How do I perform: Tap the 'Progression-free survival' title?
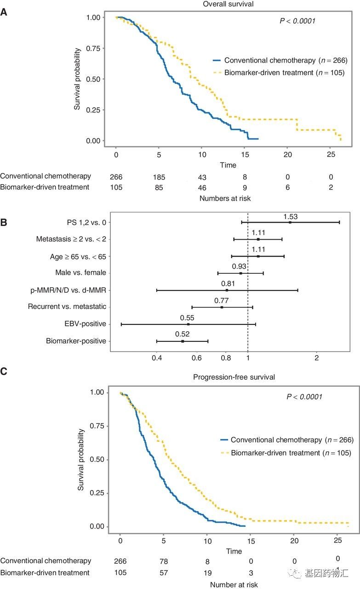[x=234, y=377]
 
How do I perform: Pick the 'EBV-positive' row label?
[x=86, y=324]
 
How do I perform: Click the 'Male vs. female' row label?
[x=80, y=272]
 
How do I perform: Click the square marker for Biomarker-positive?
[x=183, y=341]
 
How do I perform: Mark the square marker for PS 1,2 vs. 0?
[x=290, y=222]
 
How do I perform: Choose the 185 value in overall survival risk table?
[x=159, y=177]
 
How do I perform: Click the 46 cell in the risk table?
[x=202, y=187]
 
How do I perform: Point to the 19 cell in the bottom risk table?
[x=207, y=572]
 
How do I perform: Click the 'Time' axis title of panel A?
[x=228, y=165]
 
